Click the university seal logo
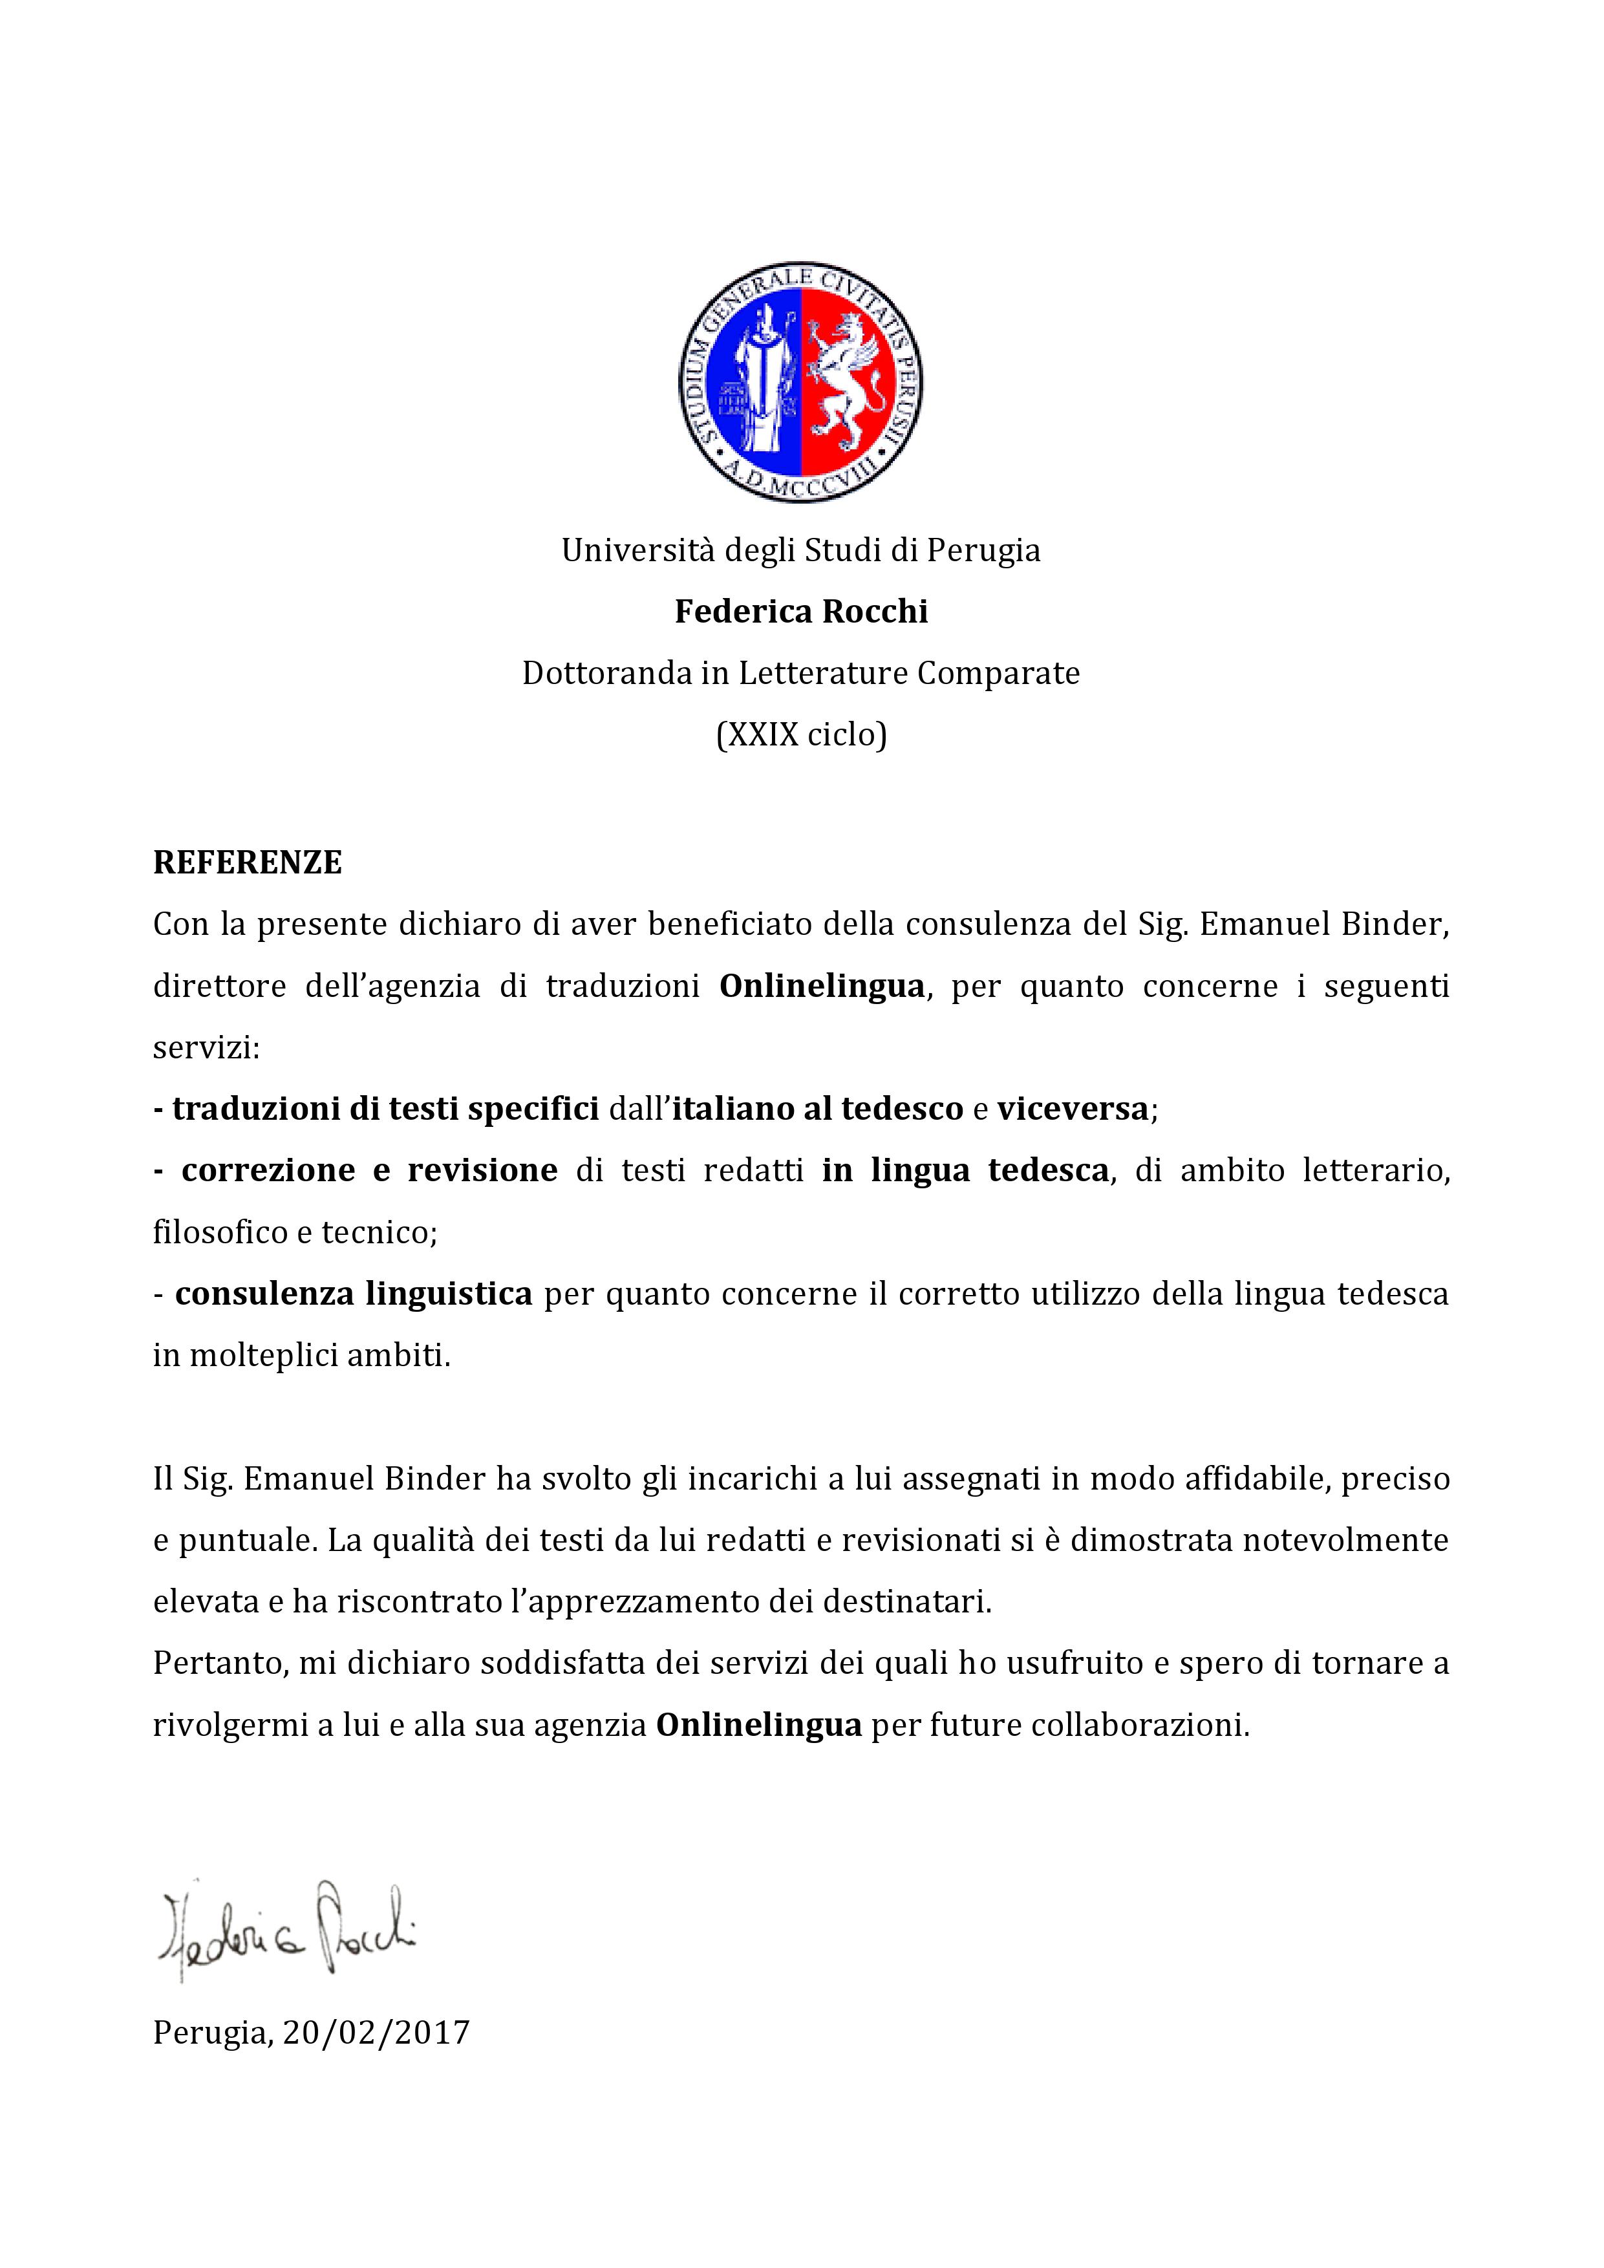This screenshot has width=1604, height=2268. coord(801,383)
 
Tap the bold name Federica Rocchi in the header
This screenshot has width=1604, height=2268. coord(801,612)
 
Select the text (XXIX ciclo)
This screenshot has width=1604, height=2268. coord(801,735)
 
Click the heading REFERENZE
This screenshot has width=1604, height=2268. coord(247,862)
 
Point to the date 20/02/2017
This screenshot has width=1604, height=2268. coord(376,2032)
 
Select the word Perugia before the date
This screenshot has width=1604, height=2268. coord(209,2033)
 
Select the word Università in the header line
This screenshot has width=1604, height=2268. coord(638,550)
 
